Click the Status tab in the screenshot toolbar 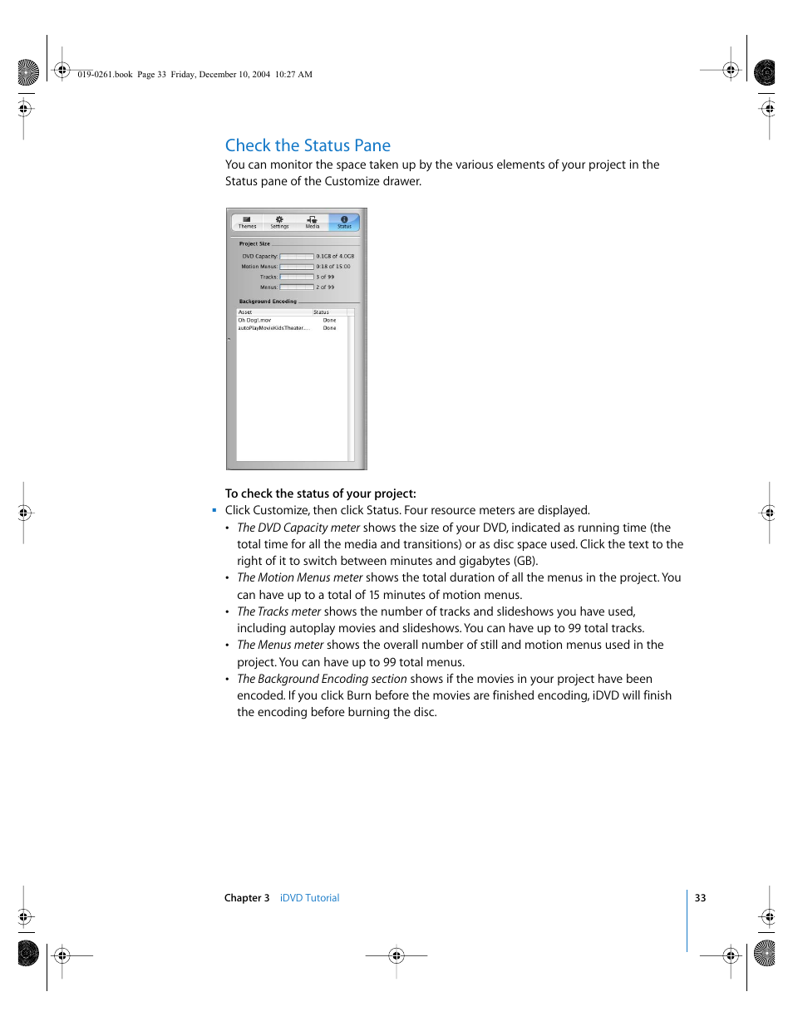[344, 222]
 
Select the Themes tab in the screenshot [247, 222]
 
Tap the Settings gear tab [279, 222]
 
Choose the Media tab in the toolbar [312, 222]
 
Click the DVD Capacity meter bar [297, 257]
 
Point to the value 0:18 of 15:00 [333, 267]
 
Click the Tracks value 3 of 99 [325, 277]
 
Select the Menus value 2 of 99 [325, 287]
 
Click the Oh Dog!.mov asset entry [254, 320]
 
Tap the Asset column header [245, 312]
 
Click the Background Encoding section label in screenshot [268, 302]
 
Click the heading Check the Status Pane [308, 145]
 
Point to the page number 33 [700, 898]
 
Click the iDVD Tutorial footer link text [309, 898]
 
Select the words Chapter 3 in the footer [247, 898]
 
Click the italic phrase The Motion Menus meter [300, 577]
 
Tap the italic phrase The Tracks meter [278, 611]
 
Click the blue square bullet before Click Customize [214, 510]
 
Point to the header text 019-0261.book [105, 74]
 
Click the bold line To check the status [320, 493]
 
